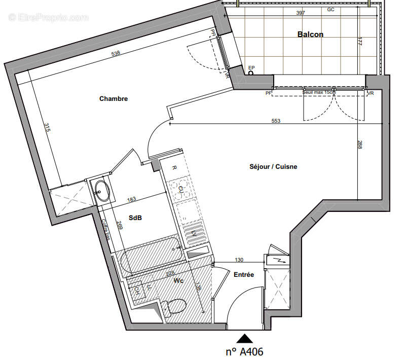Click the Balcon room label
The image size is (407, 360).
tap(310, 34)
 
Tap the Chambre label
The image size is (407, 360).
tap(114, 99)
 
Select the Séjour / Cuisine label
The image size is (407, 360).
tap(273, 166)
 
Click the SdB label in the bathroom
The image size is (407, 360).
tap(135, 218)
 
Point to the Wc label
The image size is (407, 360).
tap(178, 280)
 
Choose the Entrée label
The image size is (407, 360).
tap(243, 274)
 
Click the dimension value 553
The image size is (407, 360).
tap(276, 121)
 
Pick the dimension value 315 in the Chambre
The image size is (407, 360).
tap(46, 127)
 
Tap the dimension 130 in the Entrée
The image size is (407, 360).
tap(239, 260)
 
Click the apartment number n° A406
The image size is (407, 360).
tap(244, 351)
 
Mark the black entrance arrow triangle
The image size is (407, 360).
tap(245, 339)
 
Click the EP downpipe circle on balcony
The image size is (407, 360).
tap(250, 73)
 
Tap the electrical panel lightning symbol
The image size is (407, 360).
tap(281, 260)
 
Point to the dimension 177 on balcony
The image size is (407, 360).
tap(359, 42)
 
